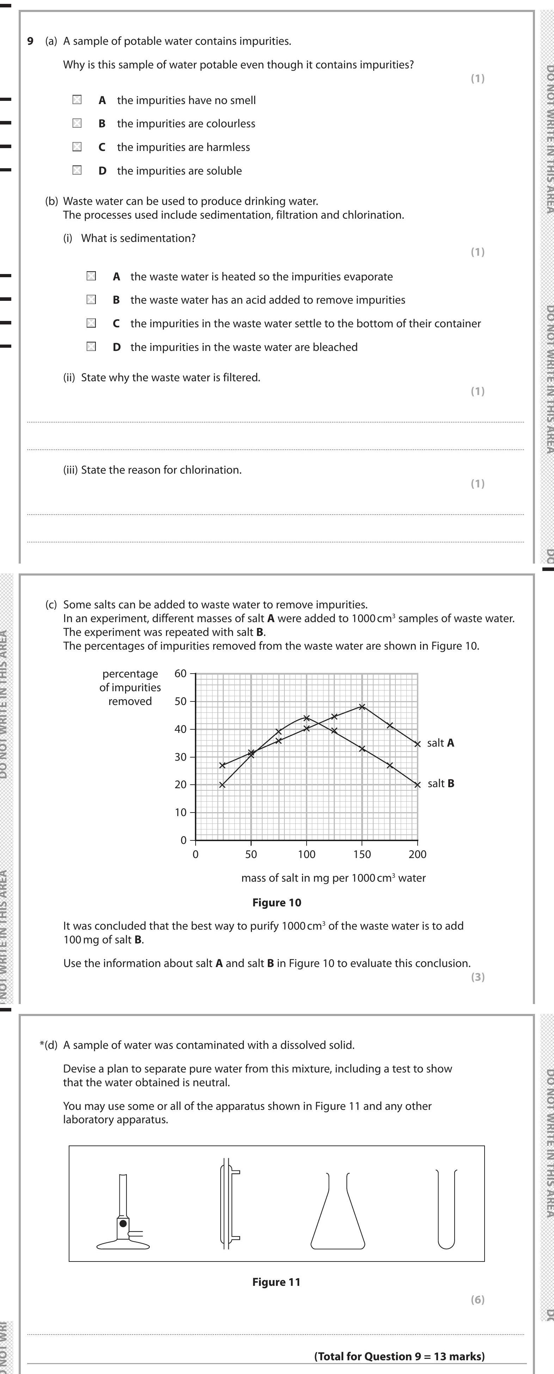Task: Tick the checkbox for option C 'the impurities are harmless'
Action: coord(77,147)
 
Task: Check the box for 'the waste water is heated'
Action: coord(91,276)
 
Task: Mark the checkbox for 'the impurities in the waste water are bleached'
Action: coord(91,347)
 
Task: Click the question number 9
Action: coord(30,41)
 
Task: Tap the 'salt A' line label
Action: coord(441,743)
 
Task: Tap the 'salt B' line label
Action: coord(441,784)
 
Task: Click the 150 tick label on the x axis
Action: coord(362,855)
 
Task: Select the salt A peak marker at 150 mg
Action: coord(362,707)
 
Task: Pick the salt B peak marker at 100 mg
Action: coord(307,718)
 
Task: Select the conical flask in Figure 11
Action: coord(338,1221)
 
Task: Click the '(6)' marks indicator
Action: coord(477,1300)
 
